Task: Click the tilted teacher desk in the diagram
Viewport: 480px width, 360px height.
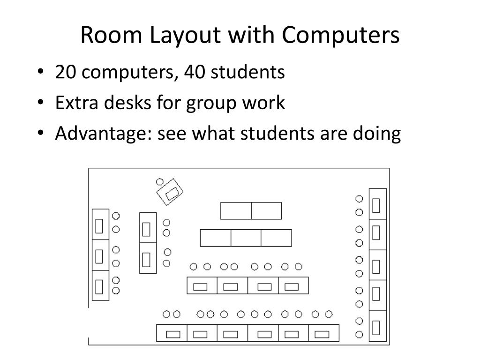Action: click(170, 192)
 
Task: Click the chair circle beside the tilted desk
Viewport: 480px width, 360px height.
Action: click(159, 182)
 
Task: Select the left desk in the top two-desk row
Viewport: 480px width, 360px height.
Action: click(236, 210)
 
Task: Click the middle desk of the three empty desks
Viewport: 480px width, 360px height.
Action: click(246, 238)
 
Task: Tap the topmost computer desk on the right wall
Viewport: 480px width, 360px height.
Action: click(378, 204)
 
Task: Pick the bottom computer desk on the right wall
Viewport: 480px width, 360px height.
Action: click(378, 327)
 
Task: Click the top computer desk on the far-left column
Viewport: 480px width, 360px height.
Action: click(100, 225)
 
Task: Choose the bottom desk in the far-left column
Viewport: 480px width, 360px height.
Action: click(100, 285)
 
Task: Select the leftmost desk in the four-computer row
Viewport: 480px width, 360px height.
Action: click(202, 285)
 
